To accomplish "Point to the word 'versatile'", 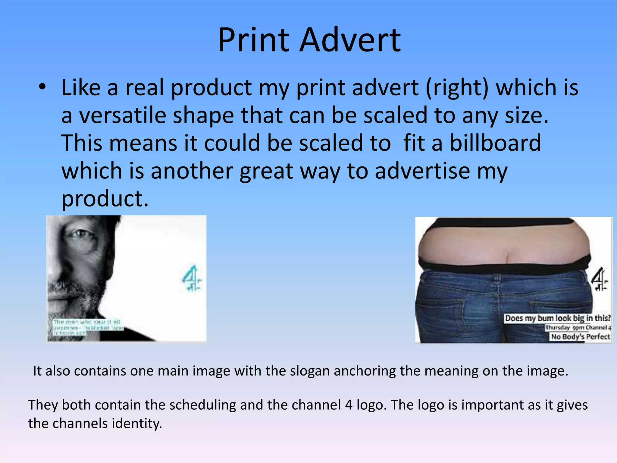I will pyautogui.click(x=123, y=116).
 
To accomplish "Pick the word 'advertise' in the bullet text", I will pyautogui.click(x=422, y=171).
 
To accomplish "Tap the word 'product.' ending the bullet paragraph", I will pyautogui.click(x=105, y=199).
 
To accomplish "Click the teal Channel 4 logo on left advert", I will pyautogui.click(x=192, y=279).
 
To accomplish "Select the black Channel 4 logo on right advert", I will pyautogui.click(x=599, y=279).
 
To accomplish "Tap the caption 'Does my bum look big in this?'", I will pyautogui.click(x=558, y=318).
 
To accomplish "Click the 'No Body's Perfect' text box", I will pyautogui.click(x=580, y=336).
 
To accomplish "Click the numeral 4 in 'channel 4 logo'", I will pyautogui.click(x=349, y=405).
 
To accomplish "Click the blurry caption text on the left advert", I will pyautogui.click(x=87, y=327).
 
